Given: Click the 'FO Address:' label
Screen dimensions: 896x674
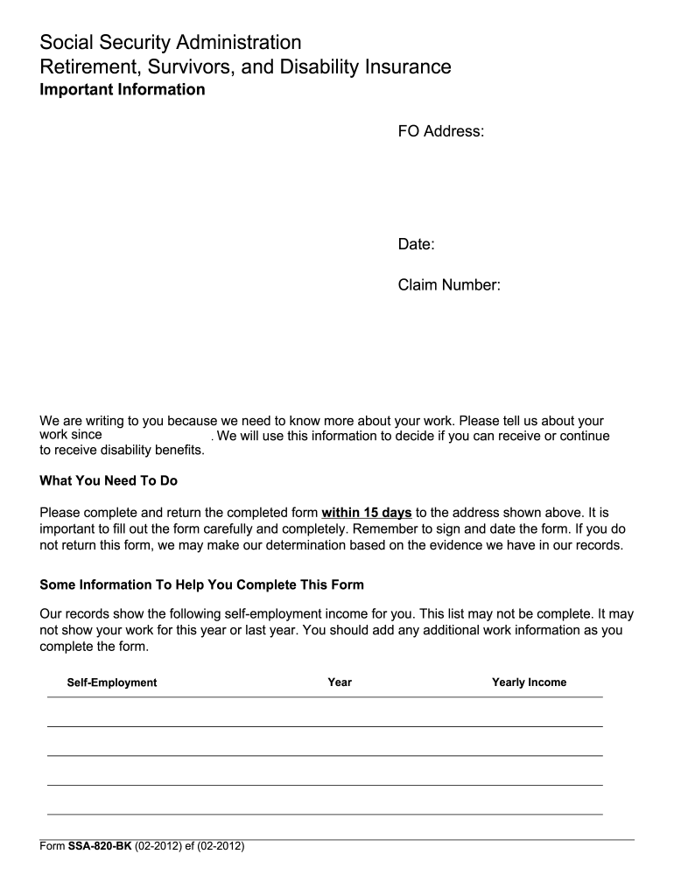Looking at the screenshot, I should (441, 131).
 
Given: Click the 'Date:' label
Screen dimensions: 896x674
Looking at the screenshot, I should (417, 244).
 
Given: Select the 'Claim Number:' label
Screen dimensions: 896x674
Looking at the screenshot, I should (449, 284).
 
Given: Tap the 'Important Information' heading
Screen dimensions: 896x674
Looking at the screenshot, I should (123, 89).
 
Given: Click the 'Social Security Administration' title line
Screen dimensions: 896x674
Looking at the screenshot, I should (171, 42).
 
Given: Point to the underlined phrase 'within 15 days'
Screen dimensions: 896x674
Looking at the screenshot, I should (367, 512).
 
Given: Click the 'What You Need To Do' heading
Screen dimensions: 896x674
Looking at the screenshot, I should (109, 480).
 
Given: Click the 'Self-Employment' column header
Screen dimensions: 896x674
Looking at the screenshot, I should (112, 682).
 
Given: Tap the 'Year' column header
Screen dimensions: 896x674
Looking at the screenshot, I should (340, 682).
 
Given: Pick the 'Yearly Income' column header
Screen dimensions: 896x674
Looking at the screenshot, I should (529, 682).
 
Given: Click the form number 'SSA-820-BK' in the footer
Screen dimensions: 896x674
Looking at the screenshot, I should (94, 848).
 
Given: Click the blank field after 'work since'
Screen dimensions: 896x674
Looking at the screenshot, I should (158, 436).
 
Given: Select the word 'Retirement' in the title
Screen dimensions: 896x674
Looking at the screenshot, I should (86, 66).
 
